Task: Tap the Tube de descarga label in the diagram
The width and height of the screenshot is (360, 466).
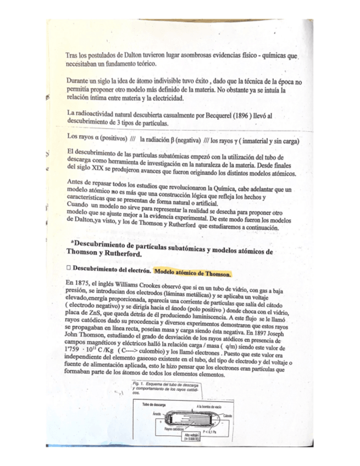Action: (x=154, y=404)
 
